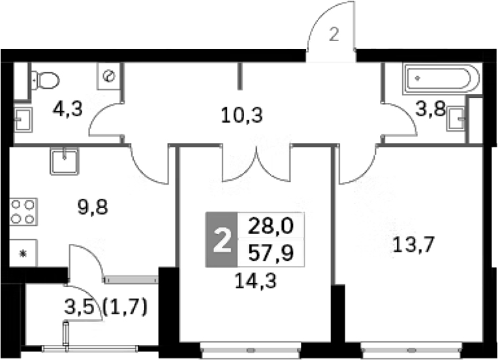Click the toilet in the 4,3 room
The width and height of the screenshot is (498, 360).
coord(46,80)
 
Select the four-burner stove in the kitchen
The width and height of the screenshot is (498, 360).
coord(23,211)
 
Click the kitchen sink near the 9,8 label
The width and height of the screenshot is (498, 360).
coord(64,161)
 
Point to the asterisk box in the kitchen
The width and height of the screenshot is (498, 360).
coord(23,253)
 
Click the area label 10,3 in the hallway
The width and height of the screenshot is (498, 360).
coord(242,115)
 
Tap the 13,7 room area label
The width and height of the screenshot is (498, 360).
coord(413,245)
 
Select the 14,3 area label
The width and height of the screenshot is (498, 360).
coord(256,281)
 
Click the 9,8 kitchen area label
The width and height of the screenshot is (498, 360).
coord(93,207)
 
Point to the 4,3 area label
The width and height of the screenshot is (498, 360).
coord(68,109)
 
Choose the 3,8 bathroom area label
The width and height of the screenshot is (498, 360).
coord(430,109)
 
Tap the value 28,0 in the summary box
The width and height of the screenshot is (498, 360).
coord(271,226)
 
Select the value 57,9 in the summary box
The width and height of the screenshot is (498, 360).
coord(271,253)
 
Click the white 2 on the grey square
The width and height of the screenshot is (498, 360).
coord(222,241)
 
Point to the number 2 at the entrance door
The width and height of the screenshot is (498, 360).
coord(334,35)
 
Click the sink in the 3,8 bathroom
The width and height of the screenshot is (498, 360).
coord(456,119)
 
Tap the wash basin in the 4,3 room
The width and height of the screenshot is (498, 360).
coord(23,120)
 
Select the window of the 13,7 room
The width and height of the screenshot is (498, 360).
coord(411,350)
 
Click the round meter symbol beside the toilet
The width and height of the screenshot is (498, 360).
coord(109,76)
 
